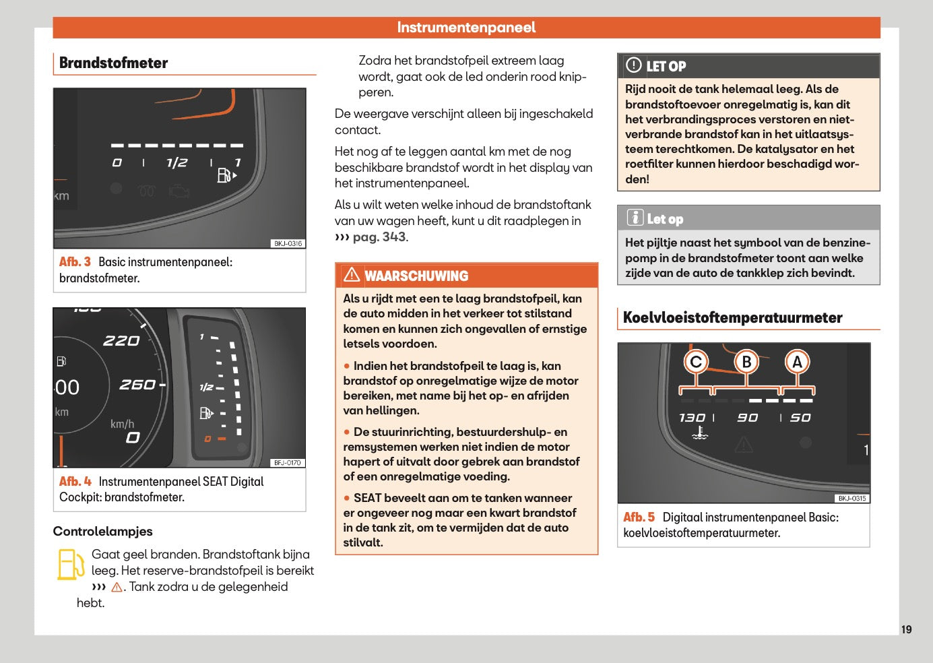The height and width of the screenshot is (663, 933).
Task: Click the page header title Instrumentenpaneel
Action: [466, 28]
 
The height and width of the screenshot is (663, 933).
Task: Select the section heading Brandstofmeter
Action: [113, 63]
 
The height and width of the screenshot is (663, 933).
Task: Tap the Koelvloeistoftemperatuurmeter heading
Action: [732, 318]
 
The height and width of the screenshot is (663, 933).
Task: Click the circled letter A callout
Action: [797, 362]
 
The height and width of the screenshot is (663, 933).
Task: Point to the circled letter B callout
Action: [746, 362]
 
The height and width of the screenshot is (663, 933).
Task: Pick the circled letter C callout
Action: [696, 362]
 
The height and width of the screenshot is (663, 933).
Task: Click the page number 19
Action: [906, 629]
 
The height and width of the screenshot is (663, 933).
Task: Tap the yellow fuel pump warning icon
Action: [70, 565]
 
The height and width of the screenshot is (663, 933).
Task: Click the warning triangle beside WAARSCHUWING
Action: [352, 275]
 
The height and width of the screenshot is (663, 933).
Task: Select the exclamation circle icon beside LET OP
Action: [633, 65]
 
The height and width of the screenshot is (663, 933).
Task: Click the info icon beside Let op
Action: [635, 218]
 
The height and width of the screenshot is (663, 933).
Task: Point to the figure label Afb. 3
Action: [75, 262]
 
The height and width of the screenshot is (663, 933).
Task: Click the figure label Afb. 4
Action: [75, 482]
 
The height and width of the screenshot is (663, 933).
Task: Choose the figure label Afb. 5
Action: [639, 517]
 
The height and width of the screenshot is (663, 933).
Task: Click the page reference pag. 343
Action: [379, 237]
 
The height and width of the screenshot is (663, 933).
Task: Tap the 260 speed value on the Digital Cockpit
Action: [137, 385]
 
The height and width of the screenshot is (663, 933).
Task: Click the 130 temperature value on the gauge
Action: [692, 418]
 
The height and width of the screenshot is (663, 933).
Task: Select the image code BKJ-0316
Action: [288, 244]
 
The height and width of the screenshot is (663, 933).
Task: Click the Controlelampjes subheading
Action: [102, 532]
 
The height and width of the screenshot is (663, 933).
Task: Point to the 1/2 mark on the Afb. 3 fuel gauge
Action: [176, 163]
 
